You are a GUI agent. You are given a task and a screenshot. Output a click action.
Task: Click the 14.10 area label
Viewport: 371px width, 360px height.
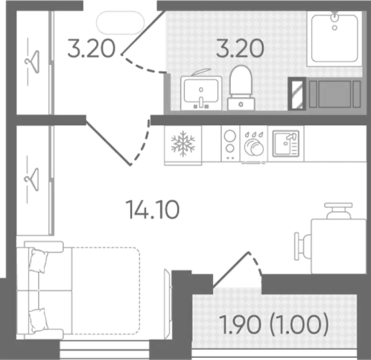pyautogui.click(x=153, y=210)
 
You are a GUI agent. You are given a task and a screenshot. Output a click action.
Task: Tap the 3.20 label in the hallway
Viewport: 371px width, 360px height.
pyautogui.click(x=92, y=48)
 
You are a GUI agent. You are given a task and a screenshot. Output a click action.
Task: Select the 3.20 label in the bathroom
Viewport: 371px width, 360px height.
pyautogui.click(x=240, y=48)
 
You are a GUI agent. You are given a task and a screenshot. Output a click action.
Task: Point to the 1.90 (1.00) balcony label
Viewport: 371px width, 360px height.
pyautogui.click(x=274, y=325)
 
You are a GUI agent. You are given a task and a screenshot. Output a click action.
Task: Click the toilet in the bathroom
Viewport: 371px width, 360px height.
pyautogui.click(x=241, y=88)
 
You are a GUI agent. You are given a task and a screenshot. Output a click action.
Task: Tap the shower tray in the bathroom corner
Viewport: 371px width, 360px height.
pyautogui.click(x=334, y=39)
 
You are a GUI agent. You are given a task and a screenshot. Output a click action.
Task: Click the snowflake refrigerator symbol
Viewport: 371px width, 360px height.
pyautogui.click(x=183, y=144)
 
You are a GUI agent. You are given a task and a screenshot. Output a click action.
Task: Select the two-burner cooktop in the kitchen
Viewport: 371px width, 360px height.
pyautogui.click(x=230, y=144)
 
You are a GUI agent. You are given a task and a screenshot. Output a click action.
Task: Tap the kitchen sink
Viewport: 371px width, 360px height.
pyautogui.click(x=286, y=144)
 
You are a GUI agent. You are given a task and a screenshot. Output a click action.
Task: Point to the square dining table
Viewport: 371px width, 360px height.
pyautogui.click(x=338, y=246)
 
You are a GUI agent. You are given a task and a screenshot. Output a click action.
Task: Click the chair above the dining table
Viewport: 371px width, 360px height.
pyautogui.click(x=338, y=211)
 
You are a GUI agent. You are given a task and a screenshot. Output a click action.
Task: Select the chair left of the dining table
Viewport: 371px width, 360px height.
pyautogui.click(x=302, y=246)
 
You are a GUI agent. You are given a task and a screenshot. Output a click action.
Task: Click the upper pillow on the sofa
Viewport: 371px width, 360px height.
pyautogui.click(x=39, y=262)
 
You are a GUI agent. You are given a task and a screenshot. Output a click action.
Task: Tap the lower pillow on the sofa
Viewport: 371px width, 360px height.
pyautogui.click(x=39, y=320)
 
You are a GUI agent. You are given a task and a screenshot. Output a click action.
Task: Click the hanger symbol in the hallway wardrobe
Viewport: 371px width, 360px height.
pyautogui.click(x=33, y=62)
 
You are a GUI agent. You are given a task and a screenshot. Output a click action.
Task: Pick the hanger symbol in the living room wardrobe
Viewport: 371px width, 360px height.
pyautogui.click(x=32, y=180)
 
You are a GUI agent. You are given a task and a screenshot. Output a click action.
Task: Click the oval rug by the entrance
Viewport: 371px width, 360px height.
pyautogui.click(x=120, y=22)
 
